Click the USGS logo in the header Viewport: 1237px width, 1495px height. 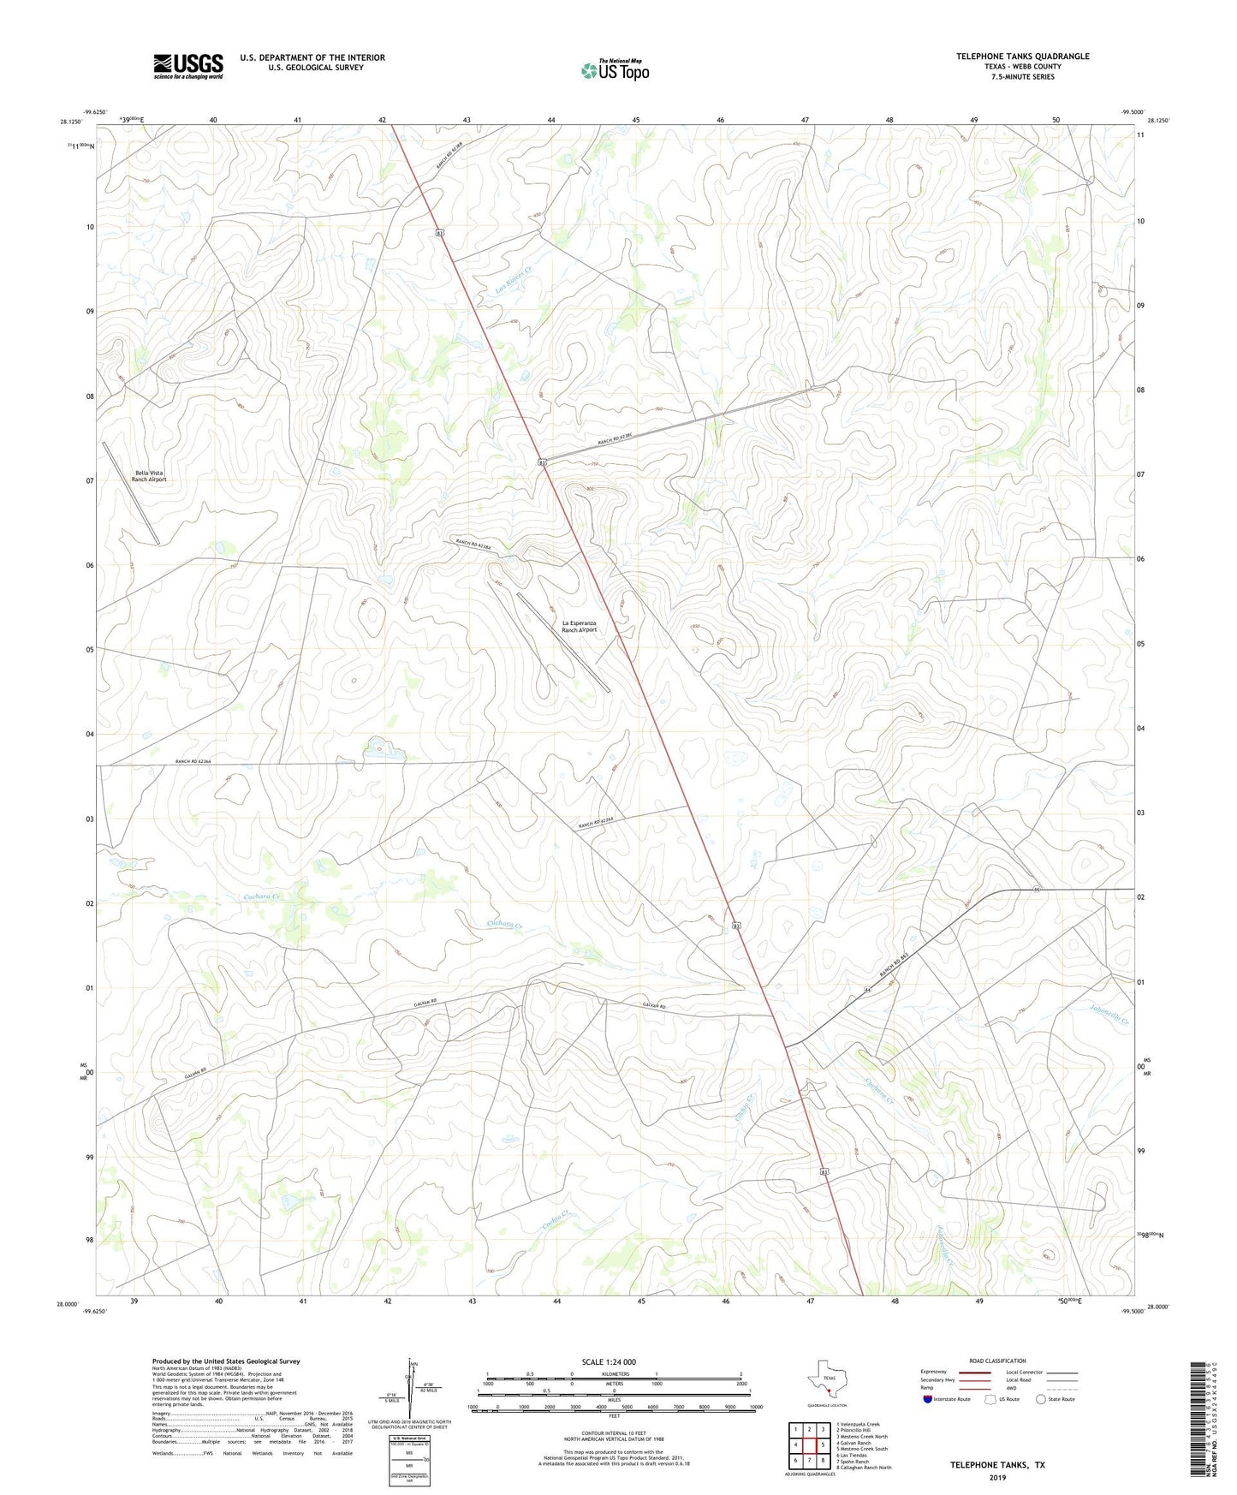[x=188, y=66]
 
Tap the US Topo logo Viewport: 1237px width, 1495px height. [x=614, y=70]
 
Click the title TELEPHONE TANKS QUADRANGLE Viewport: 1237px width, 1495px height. [x=1023, y=57]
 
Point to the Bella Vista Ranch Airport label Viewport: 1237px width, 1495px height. [x=148, y=476]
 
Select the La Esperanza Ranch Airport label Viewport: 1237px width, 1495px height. [x=579, y=626]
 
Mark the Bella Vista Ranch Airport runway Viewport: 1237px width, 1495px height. [x=131, y=492]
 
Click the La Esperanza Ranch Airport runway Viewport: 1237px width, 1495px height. [x=562, y=642]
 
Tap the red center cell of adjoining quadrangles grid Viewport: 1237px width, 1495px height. [x=809, y=1444]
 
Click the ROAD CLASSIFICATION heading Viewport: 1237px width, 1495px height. [x=997, y=1361]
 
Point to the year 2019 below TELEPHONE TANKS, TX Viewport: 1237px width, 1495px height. [x=997, y=1477]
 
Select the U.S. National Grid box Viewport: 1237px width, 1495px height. [x=409, y=1445]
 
